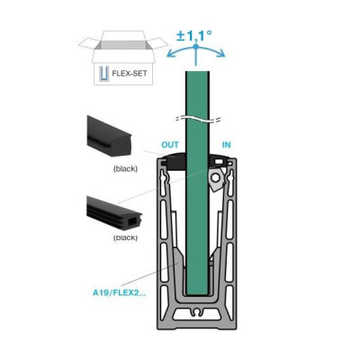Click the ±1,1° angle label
pos(194,36)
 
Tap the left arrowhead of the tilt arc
pos(170,54)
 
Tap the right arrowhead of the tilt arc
pos(221,54)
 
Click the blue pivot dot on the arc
pos(196,47)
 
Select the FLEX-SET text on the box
pos(130,73)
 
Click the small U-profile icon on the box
pos(103,74)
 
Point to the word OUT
pos(170,145)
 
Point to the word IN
pos(227,145)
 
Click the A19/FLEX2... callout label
pos(120,292)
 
